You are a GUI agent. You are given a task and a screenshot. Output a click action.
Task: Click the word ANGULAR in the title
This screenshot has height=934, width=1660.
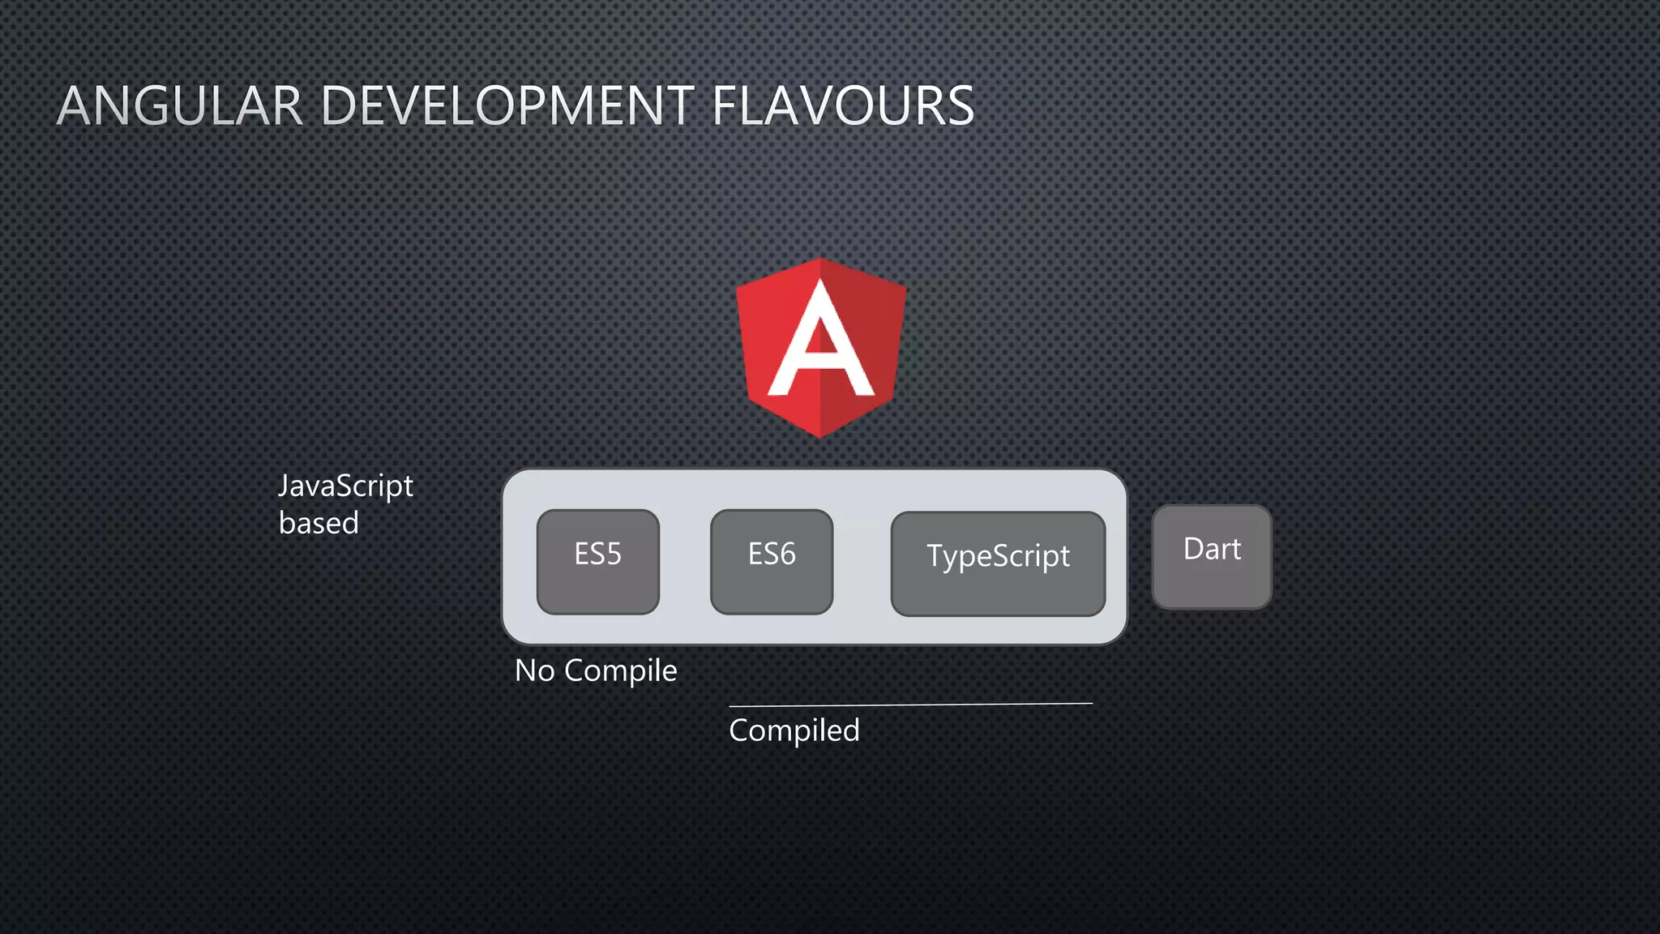point(180,106)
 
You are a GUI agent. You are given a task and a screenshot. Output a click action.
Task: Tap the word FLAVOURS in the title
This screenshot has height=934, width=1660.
point(843,106)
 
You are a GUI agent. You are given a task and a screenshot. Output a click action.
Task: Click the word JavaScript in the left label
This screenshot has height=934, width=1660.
point(345,486)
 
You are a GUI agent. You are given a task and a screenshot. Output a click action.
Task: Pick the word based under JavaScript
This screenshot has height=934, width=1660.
point(319,524)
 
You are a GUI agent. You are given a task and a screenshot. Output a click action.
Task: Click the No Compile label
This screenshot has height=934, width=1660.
point(596,671)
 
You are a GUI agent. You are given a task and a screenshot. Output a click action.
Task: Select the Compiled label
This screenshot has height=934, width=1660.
point(794,730)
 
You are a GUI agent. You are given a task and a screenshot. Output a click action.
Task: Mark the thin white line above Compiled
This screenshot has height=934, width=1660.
point(910,705)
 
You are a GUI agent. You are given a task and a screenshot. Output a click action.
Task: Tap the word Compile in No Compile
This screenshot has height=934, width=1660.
point(620,671)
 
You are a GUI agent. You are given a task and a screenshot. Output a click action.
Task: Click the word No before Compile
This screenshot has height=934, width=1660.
point(534,671)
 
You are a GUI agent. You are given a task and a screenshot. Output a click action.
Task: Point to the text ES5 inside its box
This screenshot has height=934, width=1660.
point(597,555)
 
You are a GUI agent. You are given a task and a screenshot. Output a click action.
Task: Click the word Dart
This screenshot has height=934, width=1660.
point(1212,550)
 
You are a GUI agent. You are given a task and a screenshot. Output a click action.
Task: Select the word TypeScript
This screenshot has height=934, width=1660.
point(998,557)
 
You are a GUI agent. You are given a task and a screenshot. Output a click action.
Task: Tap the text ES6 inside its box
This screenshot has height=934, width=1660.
point(772,555)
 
